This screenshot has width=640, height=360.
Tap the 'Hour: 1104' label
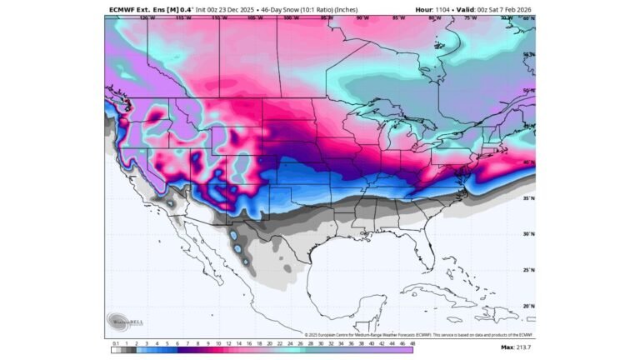coord(435,9)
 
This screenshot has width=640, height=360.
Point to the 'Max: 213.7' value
coord(517,346)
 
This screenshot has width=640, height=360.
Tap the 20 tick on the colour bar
coord(258,342)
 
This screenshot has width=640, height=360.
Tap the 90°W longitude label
coord(362,17)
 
